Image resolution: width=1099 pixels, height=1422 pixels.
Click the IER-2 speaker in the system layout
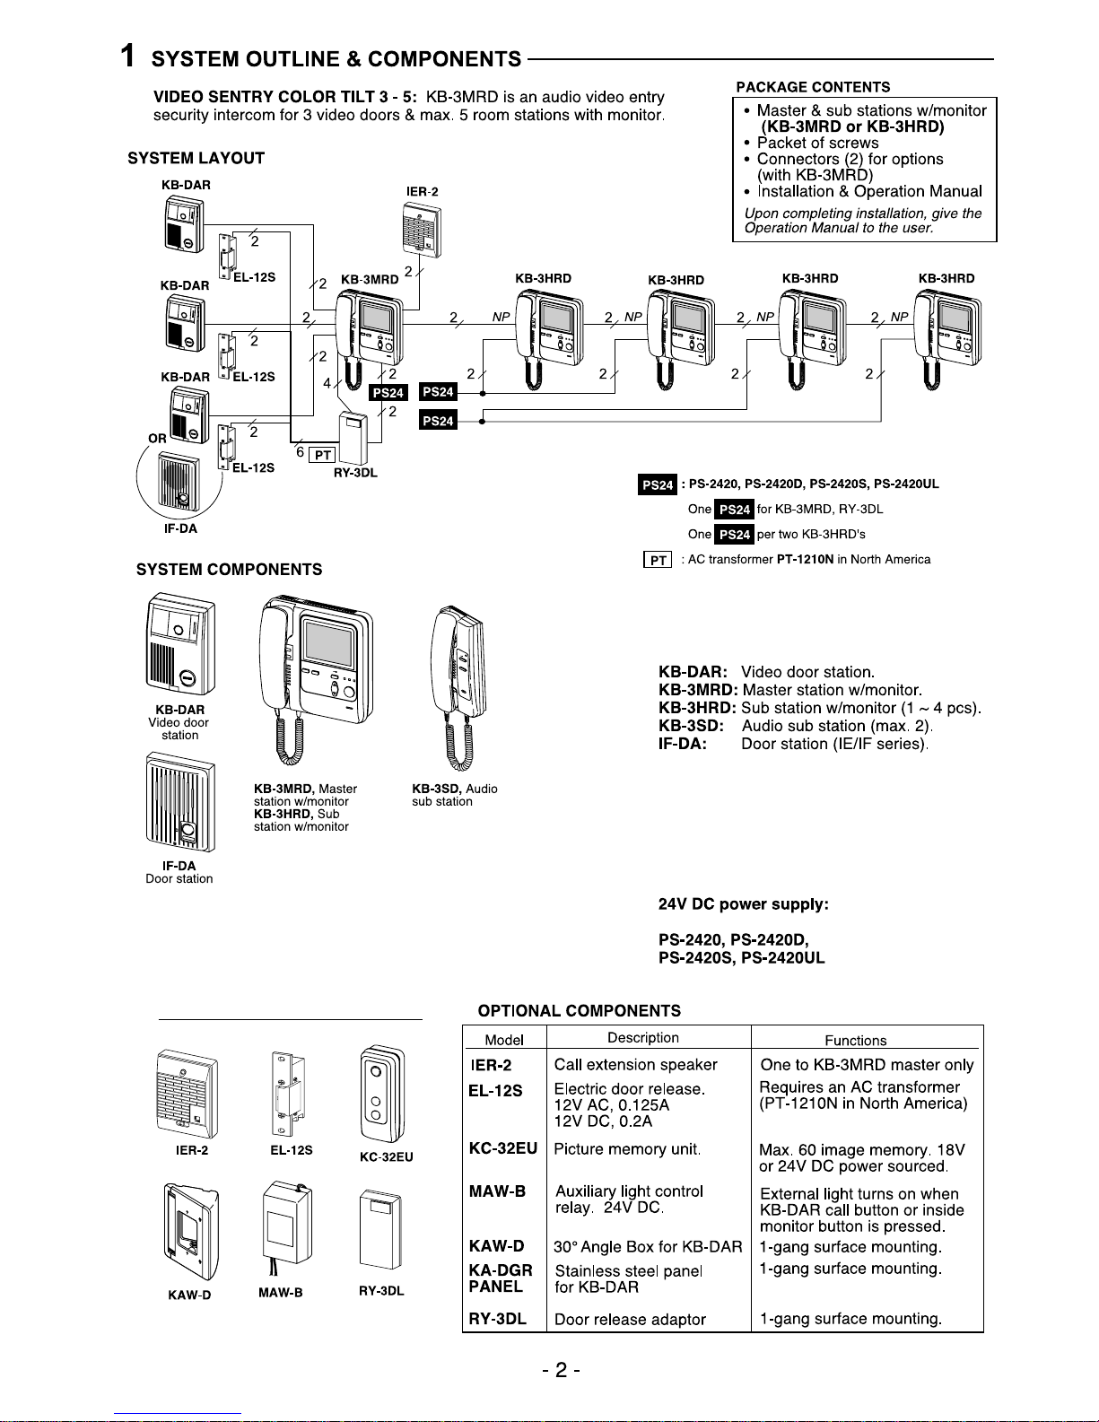click(x=421, y=229)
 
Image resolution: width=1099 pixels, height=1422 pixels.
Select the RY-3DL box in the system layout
click(x=354, y=438)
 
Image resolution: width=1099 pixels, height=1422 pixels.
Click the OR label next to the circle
click(x=158, y=439)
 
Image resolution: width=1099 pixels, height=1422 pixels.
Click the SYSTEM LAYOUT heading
click(x=196, y=159)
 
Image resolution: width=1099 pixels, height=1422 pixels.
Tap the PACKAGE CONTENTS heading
click(x=813, y=87)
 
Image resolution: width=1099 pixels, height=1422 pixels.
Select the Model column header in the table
click(x=504, y=1040)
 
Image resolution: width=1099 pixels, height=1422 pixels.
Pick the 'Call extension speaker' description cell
click(x=635, y=1065)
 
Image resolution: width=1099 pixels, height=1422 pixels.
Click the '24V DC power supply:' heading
click(x=743, y=904)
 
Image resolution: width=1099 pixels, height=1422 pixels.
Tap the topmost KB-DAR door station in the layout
click(x=184, y=224)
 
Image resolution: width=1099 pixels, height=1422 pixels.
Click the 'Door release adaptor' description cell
click(x=630, y=1320)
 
